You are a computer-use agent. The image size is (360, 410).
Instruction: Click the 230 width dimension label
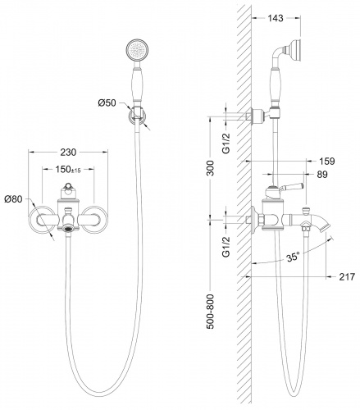click(x=68, y=153)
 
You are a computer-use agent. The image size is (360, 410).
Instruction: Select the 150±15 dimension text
click(x=68, y=170)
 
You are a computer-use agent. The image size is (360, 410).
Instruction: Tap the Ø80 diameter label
click(x=13, y=199)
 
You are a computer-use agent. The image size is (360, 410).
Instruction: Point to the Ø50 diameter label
click(x=107, y=103)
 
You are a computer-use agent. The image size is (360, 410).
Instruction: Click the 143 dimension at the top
click(x=276, y=18)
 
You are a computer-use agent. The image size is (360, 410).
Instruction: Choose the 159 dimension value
click(x=327, y=161)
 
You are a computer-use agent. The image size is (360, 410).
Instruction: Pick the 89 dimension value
click(x=321, y=174)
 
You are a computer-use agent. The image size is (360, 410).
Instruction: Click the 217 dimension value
click(x=347, y=277)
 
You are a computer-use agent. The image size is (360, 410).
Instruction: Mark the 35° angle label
click(x=294, y=257)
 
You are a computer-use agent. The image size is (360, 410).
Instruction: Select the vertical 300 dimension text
click(x=211, y=168)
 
